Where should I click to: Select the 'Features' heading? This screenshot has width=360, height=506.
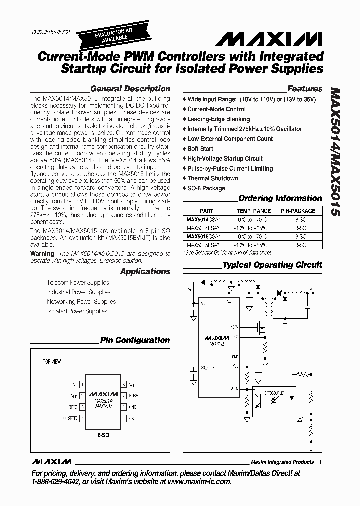pos(305,89)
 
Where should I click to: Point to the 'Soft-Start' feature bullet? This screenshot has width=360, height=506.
pos(200,149)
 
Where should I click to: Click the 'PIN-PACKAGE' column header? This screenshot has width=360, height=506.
pos(297,211)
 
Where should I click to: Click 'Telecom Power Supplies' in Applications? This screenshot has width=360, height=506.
pos(78,282)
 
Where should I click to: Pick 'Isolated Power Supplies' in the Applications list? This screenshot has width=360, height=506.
pos(77,311)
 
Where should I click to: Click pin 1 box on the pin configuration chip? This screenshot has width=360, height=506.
pos(81,385)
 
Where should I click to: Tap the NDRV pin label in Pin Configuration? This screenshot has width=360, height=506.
pos(133,395)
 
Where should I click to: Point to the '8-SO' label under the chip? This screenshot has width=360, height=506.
pos(103,435)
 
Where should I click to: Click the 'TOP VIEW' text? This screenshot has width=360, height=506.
pos(52,361)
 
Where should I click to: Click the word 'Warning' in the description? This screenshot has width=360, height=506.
pos(42,253)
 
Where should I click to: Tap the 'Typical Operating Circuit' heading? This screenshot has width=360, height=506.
pos(272,265)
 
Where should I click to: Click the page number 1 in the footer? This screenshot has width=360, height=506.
pos(320,462)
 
